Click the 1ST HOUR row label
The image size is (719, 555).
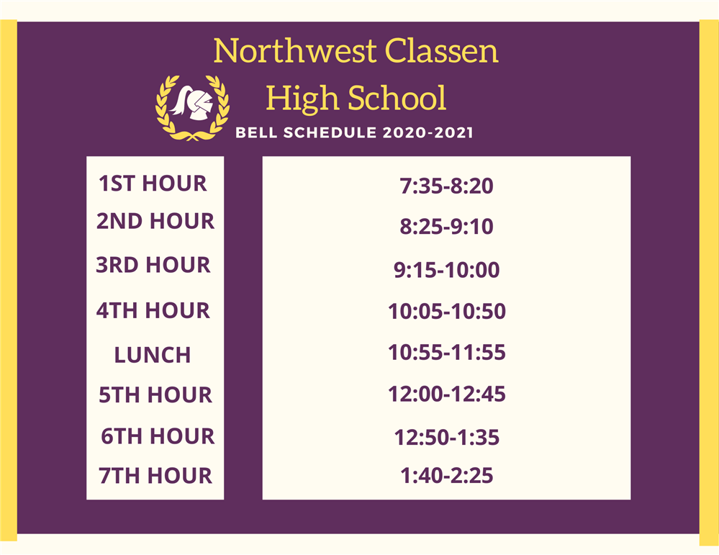153,184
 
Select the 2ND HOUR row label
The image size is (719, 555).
155,221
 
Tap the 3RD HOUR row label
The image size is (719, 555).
153,265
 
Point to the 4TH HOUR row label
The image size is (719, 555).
153,311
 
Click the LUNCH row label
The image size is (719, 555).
153,355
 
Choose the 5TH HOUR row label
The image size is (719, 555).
155,395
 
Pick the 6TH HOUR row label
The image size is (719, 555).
158,436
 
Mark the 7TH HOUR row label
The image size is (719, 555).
155,476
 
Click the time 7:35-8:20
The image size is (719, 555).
446,186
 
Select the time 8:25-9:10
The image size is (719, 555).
446,227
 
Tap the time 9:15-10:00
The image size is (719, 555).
446,271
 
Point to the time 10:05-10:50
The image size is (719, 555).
446,312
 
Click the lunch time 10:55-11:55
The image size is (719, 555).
446,353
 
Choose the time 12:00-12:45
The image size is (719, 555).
446,394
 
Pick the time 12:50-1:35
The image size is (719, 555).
446,437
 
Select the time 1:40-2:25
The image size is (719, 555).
446,476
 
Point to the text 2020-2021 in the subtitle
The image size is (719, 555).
428,133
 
